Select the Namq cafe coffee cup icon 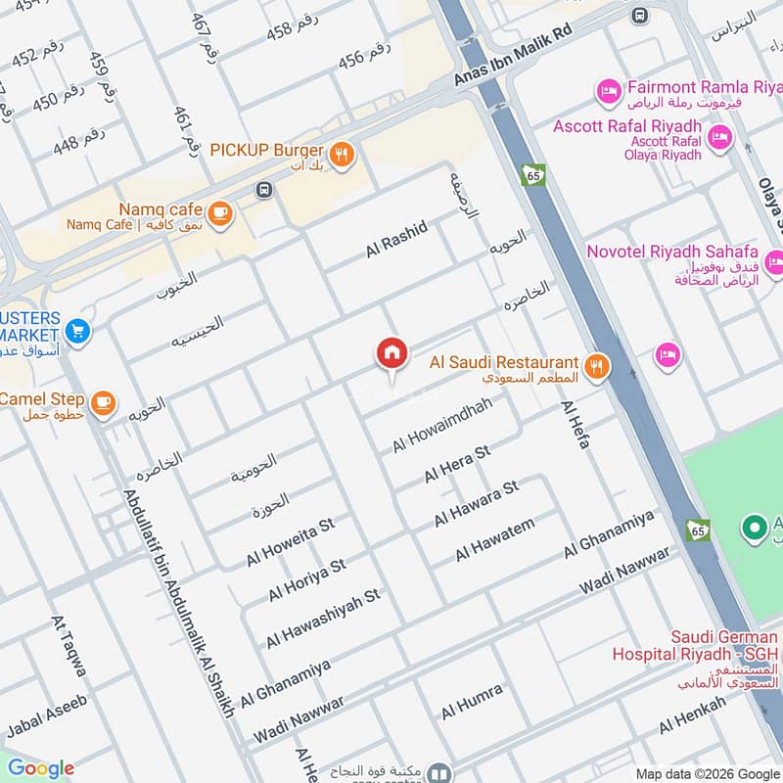[x=220, y=211]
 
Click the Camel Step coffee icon [x=103, y=400]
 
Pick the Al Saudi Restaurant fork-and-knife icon [x=597, y=366]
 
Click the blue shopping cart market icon [x=78, y=331]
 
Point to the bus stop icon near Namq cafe [x=262, y=189]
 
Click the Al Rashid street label [x=396, y=239]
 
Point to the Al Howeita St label [x=291, y=541]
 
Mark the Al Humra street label [x=471, y=702]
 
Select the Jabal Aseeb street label [x=47, y=715]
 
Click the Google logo [x=40, y=768]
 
